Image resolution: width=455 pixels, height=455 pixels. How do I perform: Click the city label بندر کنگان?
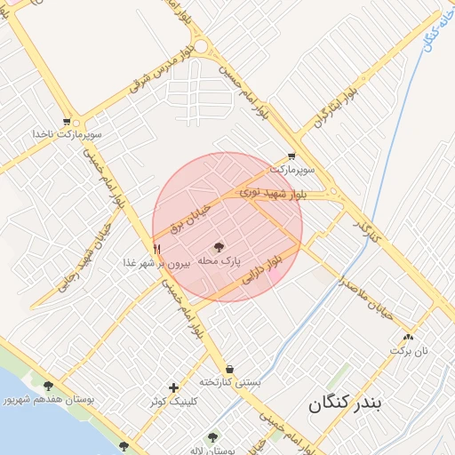(x=345, y=404)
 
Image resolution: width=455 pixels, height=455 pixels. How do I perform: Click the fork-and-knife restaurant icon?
(x=156, y=249)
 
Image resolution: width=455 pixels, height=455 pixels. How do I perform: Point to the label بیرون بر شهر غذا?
(x=157, y=263)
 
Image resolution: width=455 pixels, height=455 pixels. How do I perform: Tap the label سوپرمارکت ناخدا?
(x=68, y=134)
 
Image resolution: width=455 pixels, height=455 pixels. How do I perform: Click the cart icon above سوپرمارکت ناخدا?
(x=67, y=121)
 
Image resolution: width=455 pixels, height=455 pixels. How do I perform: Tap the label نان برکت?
(x=408, y=351)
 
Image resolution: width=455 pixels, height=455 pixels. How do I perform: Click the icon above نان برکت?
(x=408, y=337)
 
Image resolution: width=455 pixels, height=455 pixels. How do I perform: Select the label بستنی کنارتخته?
(x=230, y=382)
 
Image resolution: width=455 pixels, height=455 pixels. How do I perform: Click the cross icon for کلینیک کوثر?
(x=173, y=387)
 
